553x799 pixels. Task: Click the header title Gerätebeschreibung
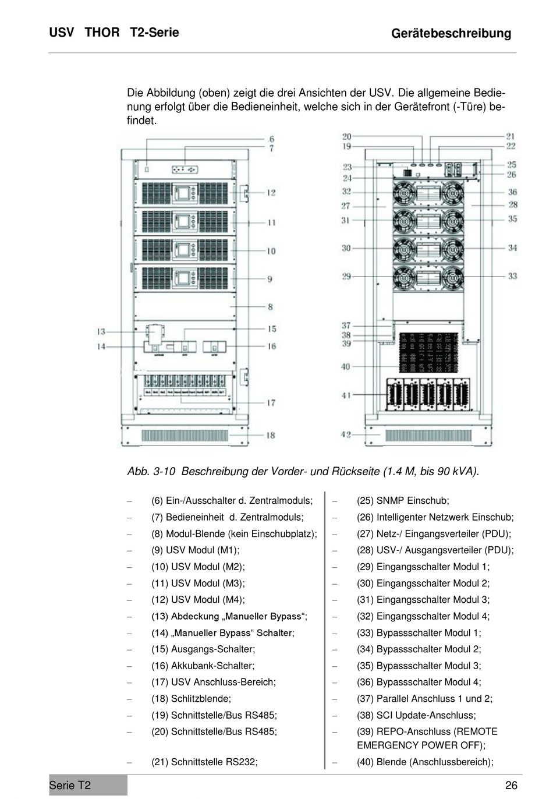[x=451, y=33]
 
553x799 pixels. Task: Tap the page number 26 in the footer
[x=511, y=786]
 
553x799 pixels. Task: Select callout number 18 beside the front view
[x=270, y=435]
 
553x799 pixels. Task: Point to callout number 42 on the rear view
[x=346, y=434]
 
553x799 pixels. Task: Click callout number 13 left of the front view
[x=101, y=331]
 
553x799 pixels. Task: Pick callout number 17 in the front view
[x=271, y=402]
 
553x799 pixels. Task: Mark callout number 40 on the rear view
[x=346, y=366]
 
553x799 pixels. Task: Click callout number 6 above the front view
[x=271, y=139]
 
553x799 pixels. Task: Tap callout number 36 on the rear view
[x=512, y=192]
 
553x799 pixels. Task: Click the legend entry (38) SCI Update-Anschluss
[x=416, y=715]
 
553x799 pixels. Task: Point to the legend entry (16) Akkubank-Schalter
[x=203, y=666]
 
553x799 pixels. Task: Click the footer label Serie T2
[x=70, y=786]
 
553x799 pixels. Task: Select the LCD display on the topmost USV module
[x=186, y=193]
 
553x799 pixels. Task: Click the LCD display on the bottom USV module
[x=186, y=278]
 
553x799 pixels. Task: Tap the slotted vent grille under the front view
[x=185, y=436]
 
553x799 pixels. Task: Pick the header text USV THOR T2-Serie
[x=114, y=33]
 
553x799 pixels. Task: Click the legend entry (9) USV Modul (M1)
[x=195, y=550]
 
